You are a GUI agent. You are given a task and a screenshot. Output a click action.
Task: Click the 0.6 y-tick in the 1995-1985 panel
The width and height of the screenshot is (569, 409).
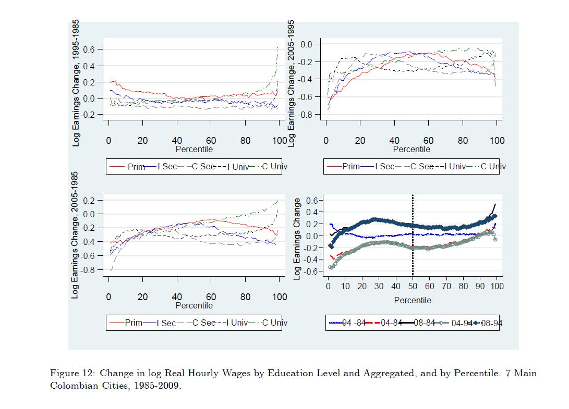click(95, 49)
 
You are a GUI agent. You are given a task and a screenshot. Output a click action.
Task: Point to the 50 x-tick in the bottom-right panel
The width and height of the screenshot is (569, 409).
click(413, 286)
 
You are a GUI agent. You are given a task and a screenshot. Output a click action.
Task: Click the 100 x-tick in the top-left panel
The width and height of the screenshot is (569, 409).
click(279, 141)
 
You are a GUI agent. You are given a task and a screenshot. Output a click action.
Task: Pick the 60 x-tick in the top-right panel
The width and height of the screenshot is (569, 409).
click(429, 141)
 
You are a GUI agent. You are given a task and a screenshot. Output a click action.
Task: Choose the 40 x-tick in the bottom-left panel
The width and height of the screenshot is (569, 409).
click(177, 297)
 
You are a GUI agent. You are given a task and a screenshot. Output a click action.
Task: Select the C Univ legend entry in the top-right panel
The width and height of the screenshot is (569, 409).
click(493, 167)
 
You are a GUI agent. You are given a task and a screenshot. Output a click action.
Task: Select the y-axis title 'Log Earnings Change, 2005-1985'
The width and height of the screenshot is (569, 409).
click(75, 235)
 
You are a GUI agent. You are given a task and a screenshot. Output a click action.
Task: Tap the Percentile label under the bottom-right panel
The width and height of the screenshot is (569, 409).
click(413, 300)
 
